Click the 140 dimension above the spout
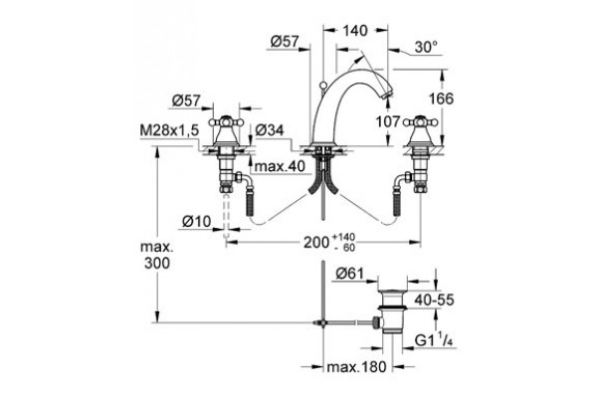(x=355, y=31)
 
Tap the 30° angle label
(x=426, y=47)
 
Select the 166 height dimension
(x=441, y=99)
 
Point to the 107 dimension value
(x=388, y=121)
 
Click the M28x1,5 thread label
(x=169, y=130)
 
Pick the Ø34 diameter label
(x=270, y=130)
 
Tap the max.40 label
(x=280, y=166)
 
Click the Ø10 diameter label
(x=196, y=221)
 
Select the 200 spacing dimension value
(x=316, y=242)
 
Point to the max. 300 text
(x=157, y=255)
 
